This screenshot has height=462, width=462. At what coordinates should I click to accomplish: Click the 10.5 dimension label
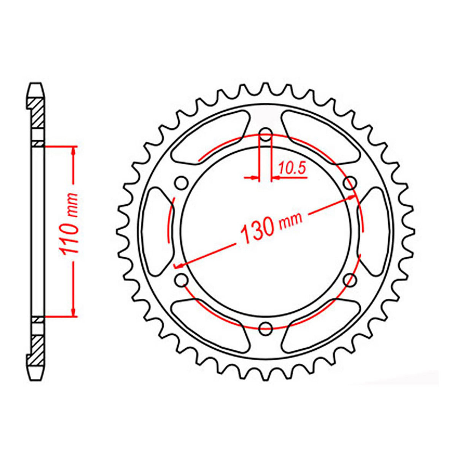coord(292,168)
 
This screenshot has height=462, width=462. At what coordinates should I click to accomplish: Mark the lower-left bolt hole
coord(182,280)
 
